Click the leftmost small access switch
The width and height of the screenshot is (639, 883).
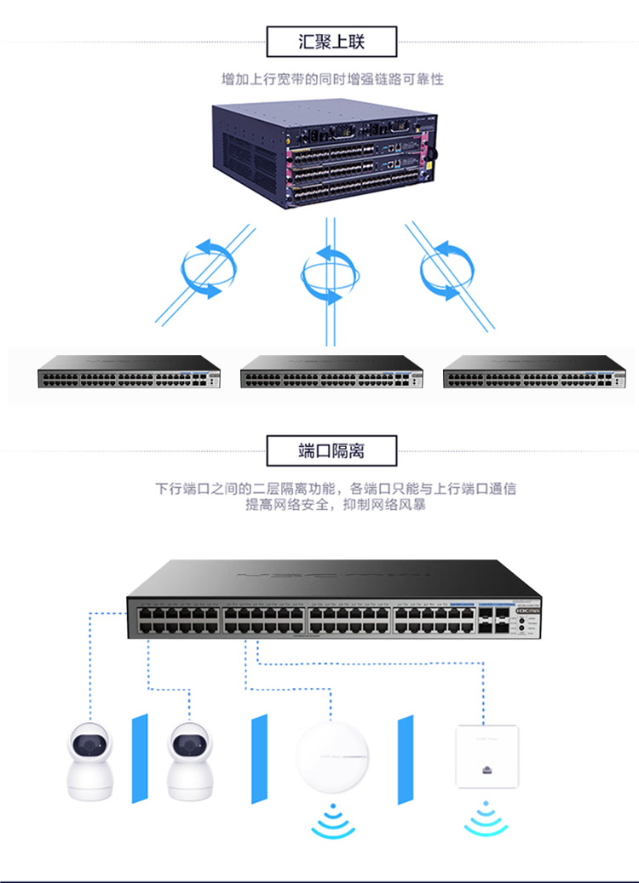point(129,372)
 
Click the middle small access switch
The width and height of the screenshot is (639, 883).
point(332,372)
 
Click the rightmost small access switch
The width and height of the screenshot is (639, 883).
point(535,372)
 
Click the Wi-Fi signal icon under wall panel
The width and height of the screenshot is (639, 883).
point(486,820)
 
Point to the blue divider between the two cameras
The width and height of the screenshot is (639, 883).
point(140,758)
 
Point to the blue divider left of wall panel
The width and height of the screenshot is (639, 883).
point(406,758)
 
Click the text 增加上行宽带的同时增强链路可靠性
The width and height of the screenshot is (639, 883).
point(332,80)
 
